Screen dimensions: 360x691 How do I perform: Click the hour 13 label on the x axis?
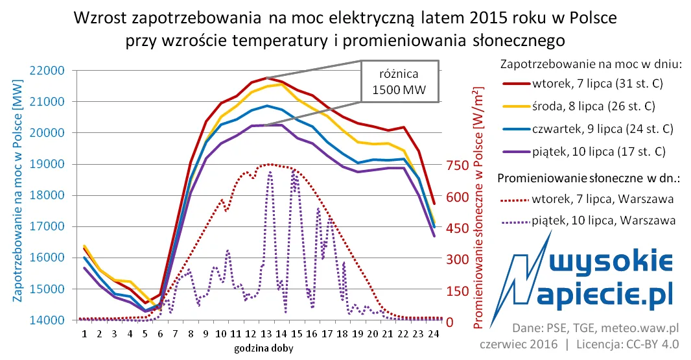tap(267, 333)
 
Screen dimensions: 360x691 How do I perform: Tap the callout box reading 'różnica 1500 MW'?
tap(399, 80)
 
